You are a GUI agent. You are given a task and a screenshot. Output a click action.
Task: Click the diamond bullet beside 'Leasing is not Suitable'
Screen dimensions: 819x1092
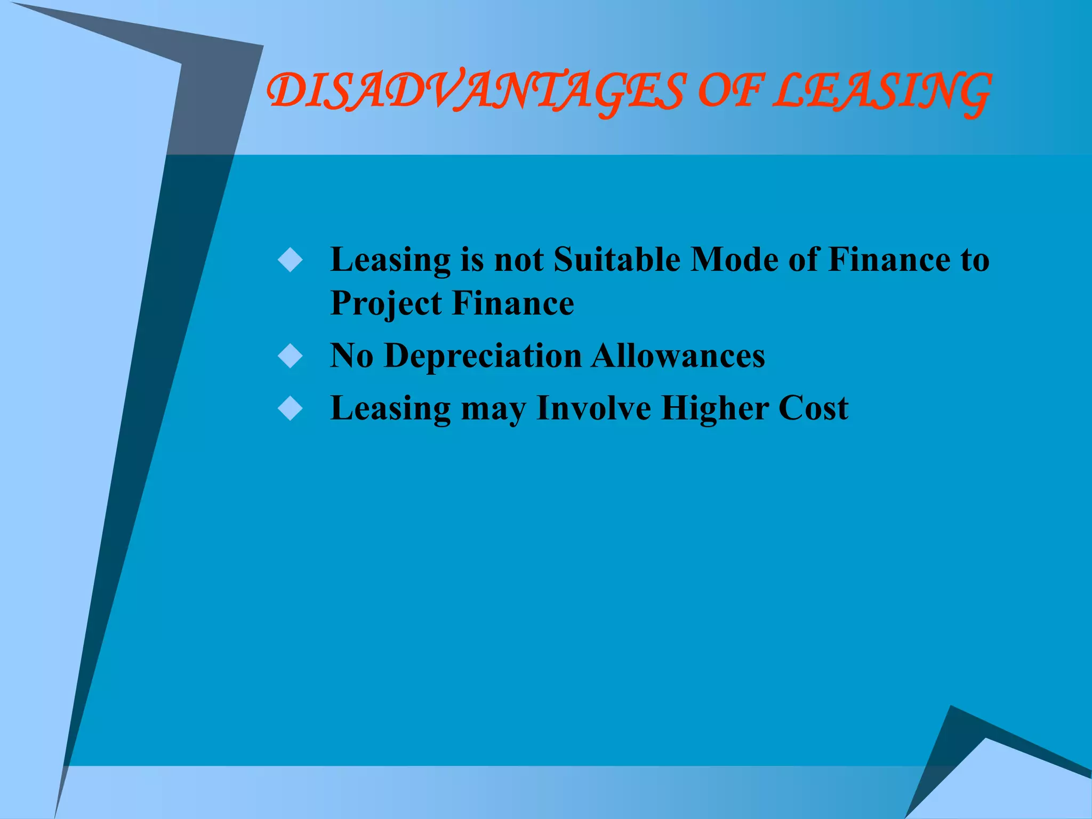[x=291, y=260]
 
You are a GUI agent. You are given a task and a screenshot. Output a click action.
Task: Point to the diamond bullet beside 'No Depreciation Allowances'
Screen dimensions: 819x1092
[x=291, y=356]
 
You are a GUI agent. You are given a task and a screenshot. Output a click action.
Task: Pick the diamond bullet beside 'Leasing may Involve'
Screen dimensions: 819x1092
[x=291, y=408]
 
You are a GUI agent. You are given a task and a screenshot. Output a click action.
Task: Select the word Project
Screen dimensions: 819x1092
[x=386, y=304]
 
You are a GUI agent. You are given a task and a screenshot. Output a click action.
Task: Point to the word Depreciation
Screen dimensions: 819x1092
[x=483, y=356]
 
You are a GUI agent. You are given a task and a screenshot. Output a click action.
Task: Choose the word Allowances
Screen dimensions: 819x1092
[x=678, y=356]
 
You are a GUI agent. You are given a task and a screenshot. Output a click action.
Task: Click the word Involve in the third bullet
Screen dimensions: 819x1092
[x=593, y=408]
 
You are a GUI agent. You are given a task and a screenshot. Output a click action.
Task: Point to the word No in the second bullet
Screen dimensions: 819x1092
[x=351, y=356]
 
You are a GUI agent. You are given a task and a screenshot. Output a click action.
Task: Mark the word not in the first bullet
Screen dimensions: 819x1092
[x=519, y=261]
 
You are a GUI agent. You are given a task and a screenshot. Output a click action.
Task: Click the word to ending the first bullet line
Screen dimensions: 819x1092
[x=975, y=261]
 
